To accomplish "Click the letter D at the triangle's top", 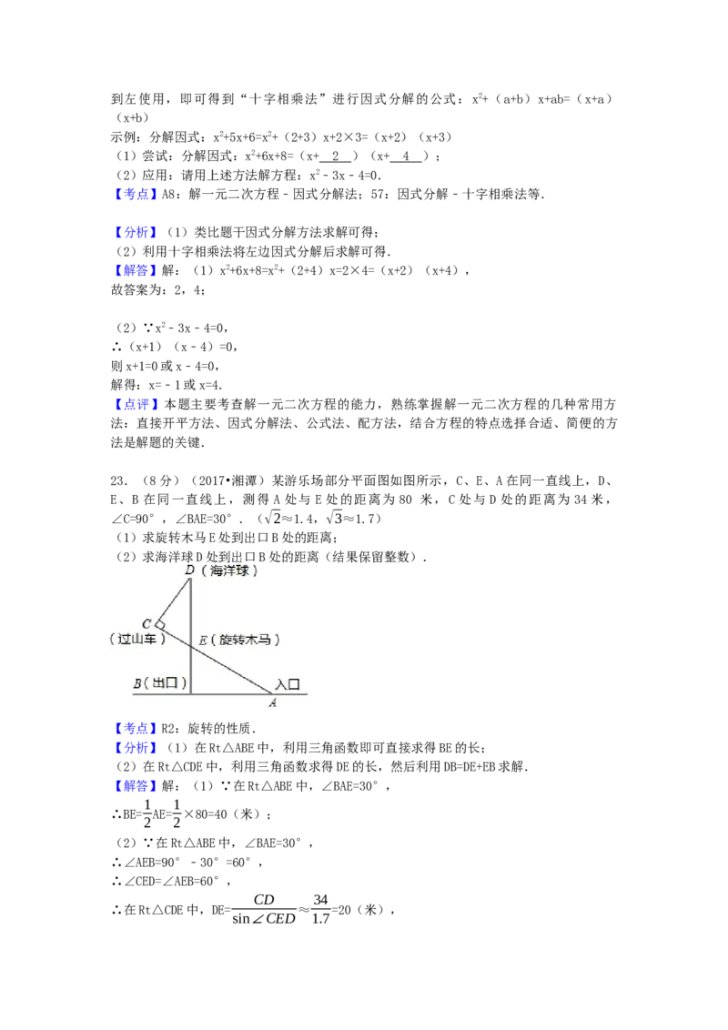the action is click(x=189, y=570).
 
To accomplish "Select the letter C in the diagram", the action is click(x=147, y=624).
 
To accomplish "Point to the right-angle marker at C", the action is click(x=159, y=625).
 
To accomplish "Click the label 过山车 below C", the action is click(x=138, y=639).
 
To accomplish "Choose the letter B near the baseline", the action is click(x=137, y=682).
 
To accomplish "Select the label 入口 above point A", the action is click(x=288, y=683).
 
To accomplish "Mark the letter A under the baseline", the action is click(x=272, y=702).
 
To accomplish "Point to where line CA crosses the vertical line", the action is click(x=191, y=643).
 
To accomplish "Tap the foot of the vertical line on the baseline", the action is click(x=191, y=693).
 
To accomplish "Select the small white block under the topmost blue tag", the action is click(x=124, y=215).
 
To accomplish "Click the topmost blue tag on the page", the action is click(x=136, y=194).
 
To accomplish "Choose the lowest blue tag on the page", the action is click(x=136, y=786).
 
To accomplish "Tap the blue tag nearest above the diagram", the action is click(x=136, y=404).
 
